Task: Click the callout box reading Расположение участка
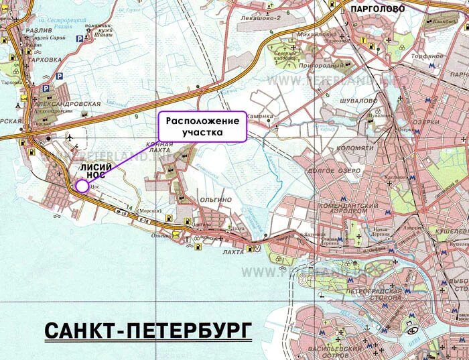point(202,126)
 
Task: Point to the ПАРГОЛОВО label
point(378,9)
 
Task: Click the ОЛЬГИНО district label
point(215,200)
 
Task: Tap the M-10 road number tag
point(121,214)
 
